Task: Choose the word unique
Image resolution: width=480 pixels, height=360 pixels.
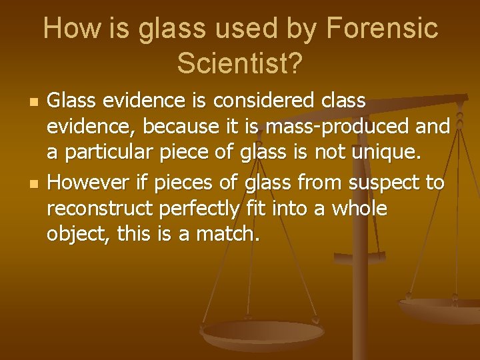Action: pos(387,153)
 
